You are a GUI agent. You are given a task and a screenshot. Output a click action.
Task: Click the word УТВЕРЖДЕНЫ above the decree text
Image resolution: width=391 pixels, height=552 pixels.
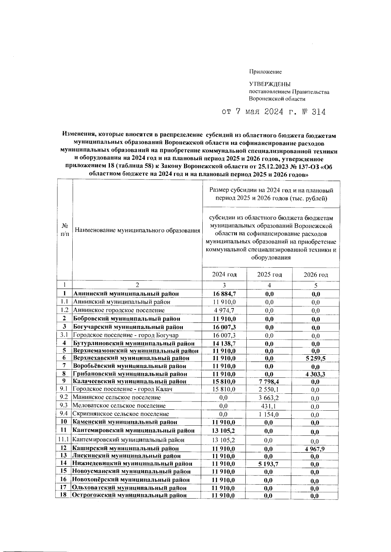(269, 84)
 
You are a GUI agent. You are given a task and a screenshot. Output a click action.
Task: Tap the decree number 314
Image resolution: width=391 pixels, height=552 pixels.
(318, 112)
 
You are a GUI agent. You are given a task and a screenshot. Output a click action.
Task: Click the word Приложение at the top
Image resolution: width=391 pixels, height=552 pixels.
(265, 72)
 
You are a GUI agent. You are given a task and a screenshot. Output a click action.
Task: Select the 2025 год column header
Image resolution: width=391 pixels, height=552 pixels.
(269, 275)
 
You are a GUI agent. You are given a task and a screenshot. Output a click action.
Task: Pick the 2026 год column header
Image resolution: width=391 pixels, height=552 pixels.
(316, 275)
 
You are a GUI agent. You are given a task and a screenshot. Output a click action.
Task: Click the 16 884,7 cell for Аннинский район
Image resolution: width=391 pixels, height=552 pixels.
(224, 294)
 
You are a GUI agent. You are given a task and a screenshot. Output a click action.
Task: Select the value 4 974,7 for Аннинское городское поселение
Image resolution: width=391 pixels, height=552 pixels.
(224, 310)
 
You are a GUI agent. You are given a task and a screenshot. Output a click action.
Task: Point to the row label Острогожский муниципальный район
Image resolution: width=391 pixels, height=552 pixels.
(129, 495)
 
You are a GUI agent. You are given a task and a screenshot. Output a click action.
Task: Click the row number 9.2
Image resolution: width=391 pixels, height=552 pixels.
(64, 397)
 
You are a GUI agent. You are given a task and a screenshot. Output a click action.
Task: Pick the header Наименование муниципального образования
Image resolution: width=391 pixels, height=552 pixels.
(137, 231)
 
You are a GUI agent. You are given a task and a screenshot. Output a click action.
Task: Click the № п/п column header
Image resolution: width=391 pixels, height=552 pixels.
(65, 230)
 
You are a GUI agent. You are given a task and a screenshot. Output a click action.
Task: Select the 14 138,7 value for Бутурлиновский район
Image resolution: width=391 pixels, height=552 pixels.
(224, 343)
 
